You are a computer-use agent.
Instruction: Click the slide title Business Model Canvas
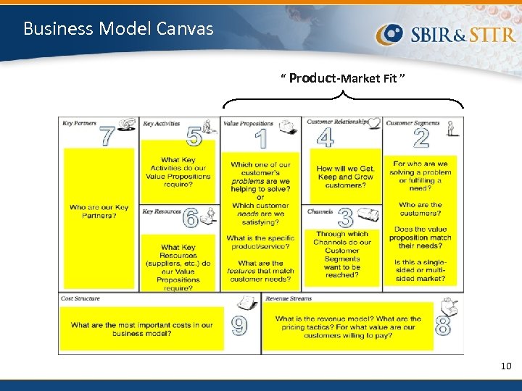coord(118,29)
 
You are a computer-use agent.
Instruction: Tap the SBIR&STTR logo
coord(446,33)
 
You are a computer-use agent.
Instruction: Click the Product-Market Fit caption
coord(343,78)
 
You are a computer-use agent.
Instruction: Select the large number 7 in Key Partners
coord(107,136)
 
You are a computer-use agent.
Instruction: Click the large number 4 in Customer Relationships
coord(326,137)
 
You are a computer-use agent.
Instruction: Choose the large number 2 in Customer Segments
coord(420,137)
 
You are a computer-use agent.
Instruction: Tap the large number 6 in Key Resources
coord(191,218)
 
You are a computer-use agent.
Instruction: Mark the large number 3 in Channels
coord(346,217)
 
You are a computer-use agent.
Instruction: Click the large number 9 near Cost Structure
coord(239,326)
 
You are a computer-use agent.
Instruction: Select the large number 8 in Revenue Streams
coord(442,326)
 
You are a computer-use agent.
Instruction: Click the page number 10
coord(505,366)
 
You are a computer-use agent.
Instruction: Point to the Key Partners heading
coord(80,124)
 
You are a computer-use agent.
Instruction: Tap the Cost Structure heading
coord(80,298)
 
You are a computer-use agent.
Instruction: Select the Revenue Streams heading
coord(289,298)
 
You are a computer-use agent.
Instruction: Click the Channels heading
coord(320,212)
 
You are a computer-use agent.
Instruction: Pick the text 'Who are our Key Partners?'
coord(99,211)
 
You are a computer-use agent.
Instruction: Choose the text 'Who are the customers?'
coord(420,209)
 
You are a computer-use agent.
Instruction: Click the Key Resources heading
coord(162,211)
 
